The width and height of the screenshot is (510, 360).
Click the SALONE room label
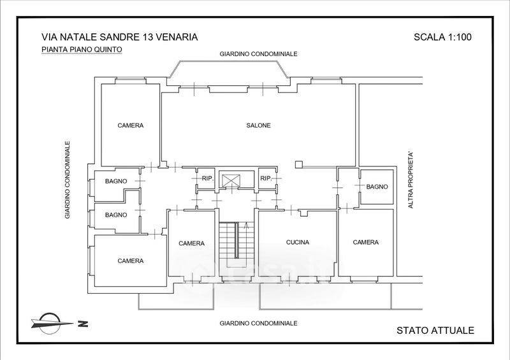tap(258, 125)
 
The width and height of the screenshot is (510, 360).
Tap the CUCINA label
tap(298, 242)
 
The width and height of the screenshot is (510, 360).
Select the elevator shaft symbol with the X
tap(231, 180)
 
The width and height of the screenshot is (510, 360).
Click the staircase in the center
tap(236, 248)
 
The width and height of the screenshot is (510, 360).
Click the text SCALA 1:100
tap(442, 37)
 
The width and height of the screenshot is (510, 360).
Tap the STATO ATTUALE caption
tap(435, 331)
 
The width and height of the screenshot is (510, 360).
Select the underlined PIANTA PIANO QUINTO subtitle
tap(82, 50)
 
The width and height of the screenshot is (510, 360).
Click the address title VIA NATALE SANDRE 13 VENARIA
tap(119, 37)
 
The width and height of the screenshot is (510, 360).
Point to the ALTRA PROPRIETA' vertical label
tap(411, 180)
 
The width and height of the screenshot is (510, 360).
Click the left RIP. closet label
tap(208, 178)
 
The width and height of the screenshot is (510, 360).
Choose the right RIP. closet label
tap(266, 178)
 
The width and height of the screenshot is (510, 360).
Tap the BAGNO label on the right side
tap(377, 187)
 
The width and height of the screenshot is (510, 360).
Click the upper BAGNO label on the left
tap(116, 181)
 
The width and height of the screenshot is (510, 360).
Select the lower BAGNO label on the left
tap(116, 215)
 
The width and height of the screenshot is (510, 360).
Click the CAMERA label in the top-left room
tap(131, 125)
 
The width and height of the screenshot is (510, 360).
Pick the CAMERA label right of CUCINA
tap(365, 242)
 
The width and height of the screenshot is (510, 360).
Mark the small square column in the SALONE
tap(299, 164)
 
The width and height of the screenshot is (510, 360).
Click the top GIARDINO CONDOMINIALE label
tap(258, 54)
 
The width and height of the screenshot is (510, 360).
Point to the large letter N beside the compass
tap(83, 324)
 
